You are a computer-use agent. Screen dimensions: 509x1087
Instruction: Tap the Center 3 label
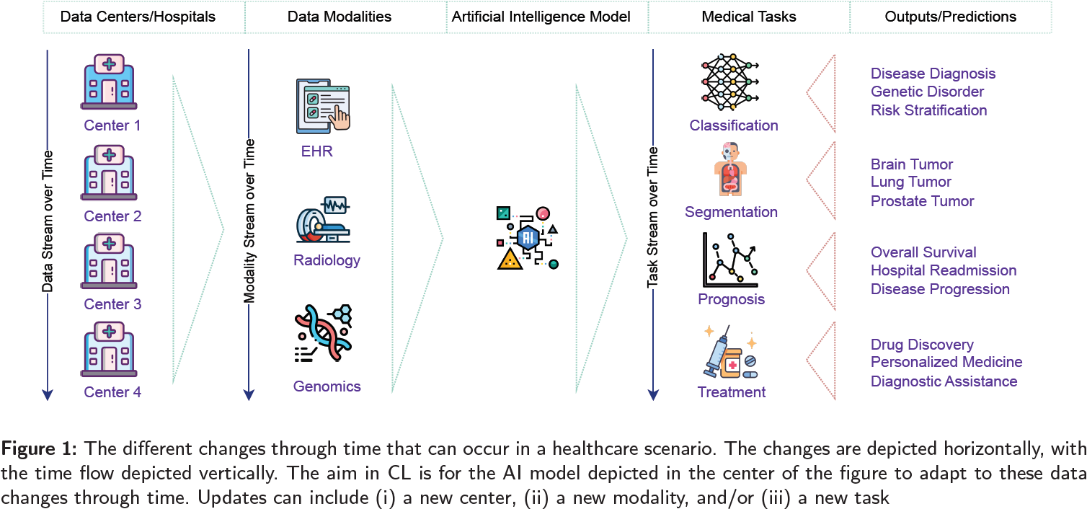point(112,304)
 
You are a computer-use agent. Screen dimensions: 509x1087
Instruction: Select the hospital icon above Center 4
point(110,351)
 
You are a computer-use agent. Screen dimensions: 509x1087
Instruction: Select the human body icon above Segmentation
point(730,169)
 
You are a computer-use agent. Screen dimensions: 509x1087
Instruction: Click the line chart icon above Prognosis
point(730,260)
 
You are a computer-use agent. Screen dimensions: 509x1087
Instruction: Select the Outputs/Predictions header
point(950,17)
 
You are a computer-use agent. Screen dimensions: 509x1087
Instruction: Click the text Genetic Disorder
point(927,92)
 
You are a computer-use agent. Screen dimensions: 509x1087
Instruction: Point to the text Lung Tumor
point(910,182)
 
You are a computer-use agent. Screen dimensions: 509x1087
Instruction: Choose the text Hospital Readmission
point(943,270)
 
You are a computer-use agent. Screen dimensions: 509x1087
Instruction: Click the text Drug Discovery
point(921,345)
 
